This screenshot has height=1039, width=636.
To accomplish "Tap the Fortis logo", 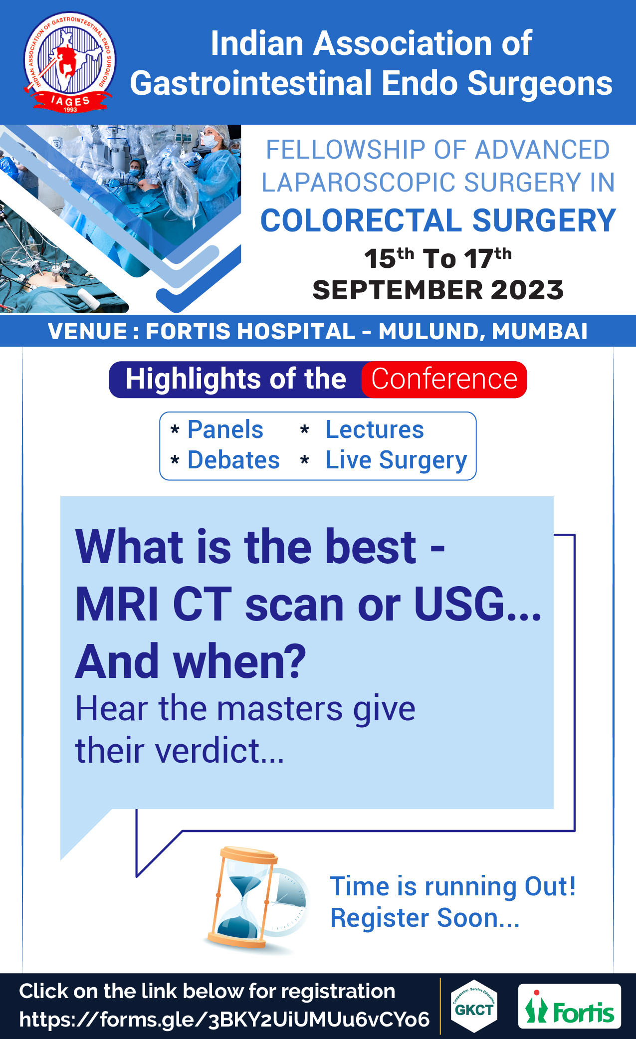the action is [569, 1006].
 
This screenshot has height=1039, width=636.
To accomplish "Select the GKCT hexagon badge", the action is [474, 1006].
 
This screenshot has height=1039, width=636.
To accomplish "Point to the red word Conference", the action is [444, 379].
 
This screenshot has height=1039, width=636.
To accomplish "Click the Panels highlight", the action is [225, 429].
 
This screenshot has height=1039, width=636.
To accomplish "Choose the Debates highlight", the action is [233, 460].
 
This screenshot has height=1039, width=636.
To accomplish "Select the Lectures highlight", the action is [375, 429].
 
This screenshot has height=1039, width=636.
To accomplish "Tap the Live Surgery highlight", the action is [396, 460].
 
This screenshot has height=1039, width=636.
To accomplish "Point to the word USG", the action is [459, 604].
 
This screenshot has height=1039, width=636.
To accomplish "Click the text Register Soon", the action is [425, 918].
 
